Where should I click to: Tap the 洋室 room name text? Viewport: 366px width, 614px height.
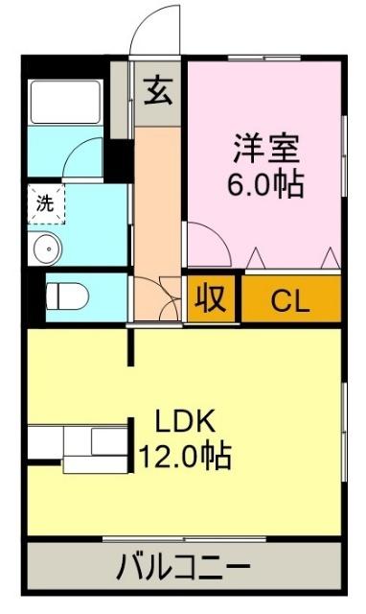coord(265,149)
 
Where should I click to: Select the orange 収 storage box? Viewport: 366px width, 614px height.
coord(211,299)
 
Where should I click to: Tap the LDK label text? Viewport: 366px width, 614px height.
coord(186,421)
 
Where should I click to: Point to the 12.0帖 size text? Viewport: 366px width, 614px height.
coord(186,455)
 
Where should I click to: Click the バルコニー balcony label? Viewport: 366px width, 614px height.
coord(184,568)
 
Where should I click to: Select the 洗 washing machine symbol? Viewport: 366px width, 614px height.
coord(45,203)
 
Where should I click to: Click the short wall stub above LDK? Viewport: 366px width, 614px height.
coord(132,348)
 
